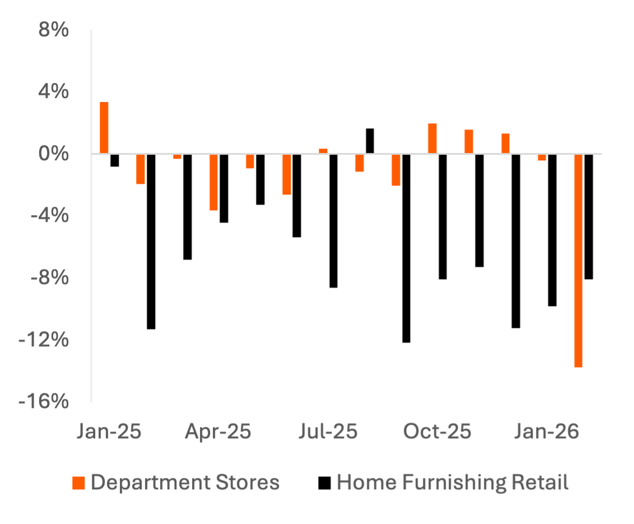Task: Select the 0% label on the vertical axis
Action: (x=54, y=154)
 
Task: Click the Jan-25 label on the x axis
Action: (x=109, y=432)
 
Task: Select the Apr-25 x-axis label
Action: (x=218, y=432)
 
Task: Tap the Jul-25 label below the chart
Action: (x=328, y=432)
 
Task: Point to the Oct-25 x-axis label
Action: (x=437, y=432)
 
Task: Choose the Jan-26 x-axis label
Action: (x=547, y=432)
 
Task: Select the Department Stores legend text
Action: (x=185, y=482)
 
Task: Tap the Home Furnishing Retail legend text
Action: (x=453, y=482)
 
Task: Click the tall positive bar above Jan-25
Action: (x=104, y=128)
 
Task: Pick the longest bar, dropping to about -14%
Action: (x=579, y=261)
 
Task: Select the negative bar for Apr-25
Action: (x=214, y=182)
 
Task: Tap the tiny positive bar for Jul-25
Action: (x=323, y=151)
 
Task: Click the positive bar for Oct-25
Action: (x=432, y=138)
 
